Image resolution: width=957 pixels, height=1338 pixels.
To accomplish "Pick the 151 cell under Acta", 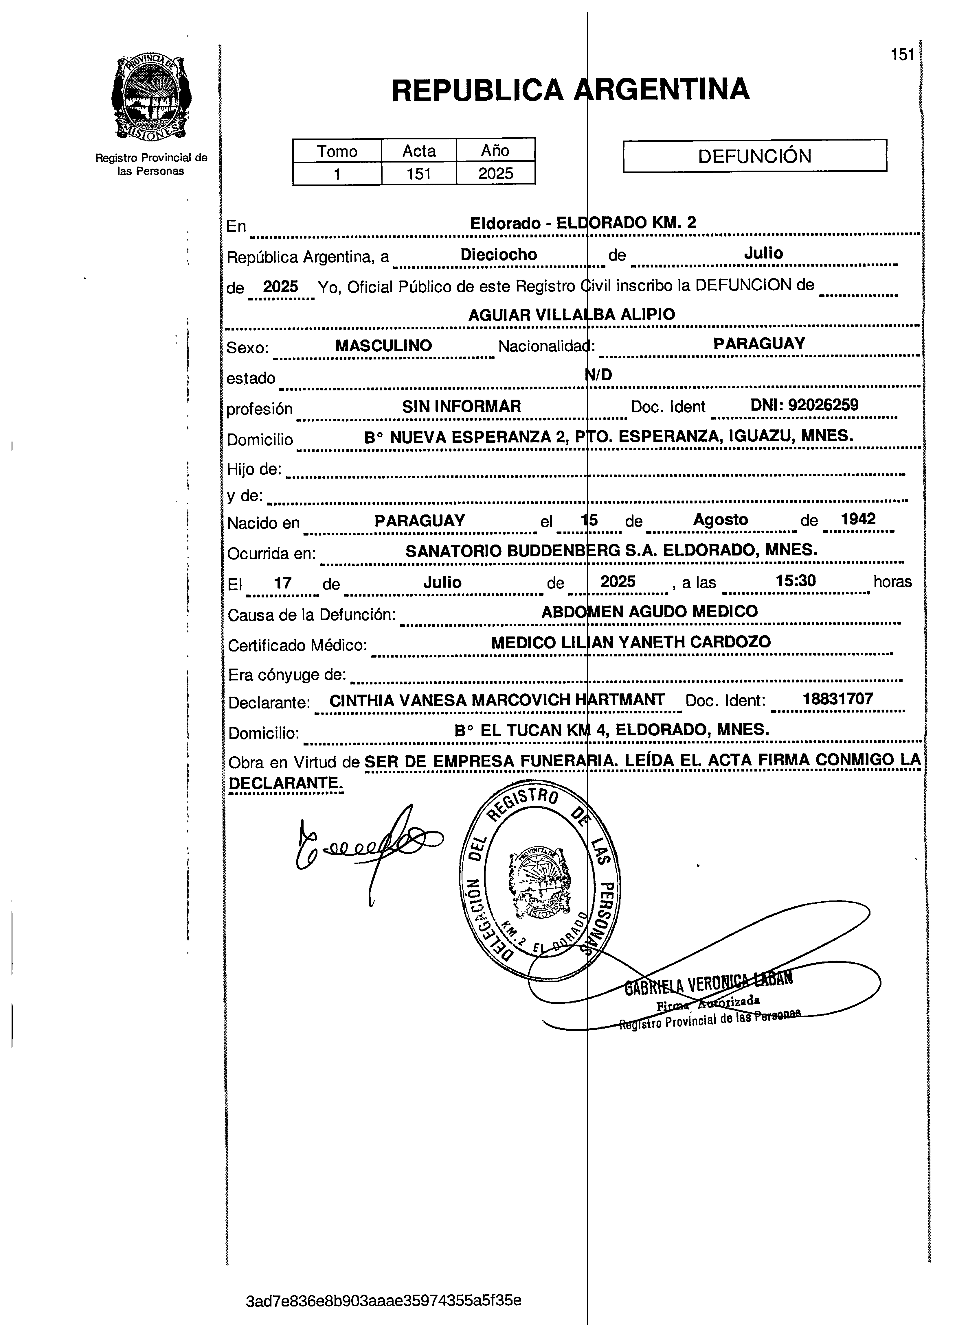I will [419, 174].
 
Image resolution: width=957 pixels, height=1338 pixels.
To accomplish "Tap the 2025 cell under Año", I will [496, 174].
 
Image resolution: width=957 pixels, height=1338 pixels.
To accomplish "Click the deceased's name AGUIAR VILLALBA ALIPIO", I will [572, 315].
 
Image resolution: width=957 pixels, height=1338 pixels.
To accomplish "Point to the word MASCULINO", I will [384, 346].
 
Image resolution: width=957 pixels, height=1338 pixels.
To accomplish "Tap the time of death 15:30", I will [796, 581].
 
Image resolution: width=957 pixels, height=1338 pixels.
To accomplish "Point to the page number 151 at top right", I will [902, 55].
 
